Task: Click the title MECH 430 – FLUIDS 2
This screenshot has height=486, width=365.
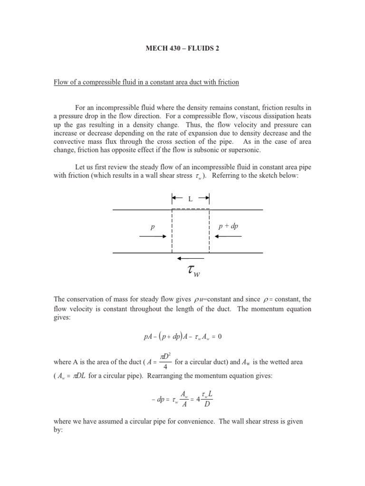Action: [182, 49]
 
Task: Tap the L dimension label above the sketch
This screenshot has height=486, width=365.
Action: [190, 199]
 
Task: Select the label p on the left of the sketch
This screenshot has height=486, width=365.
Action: [153, 227]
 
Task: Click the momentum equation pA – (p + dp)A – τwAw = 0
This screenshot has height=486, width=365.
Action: [182, 336]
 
